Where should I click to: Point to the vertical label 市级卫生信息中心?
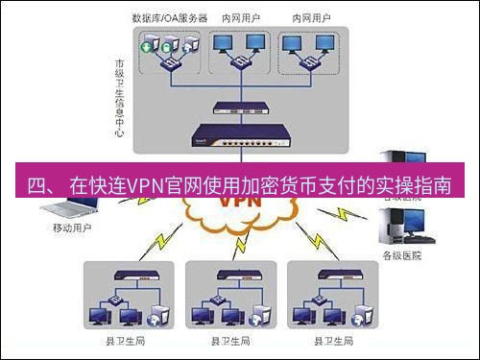click(x=118, y=96)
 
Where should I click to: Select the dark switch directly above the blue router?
click(x=240, y=108)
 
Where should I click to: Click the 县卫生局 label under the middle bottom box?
click(x=231, y=341)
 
